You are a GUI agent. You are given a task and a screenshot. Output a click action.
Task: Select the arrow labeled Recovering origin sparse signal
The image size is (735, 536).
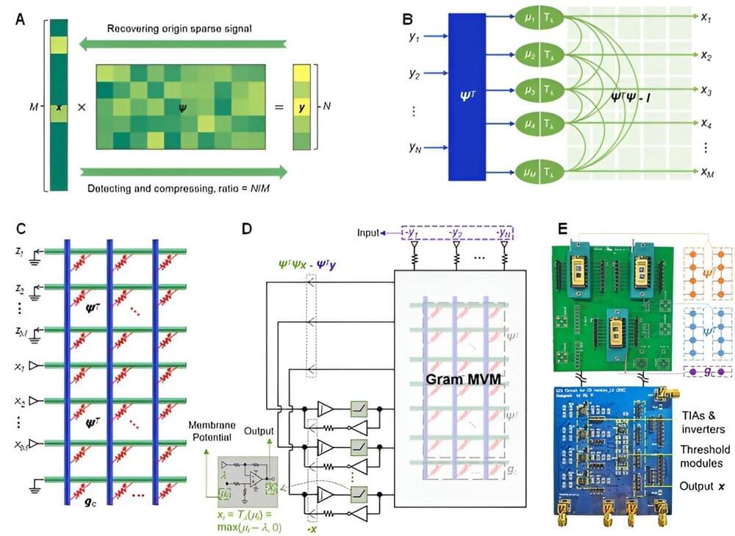click(180, 45)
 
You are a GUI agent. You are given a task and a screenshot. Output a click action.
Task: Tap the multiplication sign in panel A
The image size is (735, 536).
click(82, 107)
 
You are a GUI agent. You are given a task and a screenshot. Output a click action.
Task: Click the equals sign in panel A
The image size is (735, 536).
click(279, 107)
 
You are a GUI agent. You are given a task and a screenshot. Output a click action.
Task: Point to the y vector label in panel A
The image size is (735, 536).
click(301, 107)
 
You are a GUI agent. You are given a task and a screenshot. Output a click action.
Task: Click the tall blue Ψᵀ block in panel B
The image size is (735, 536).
click(467, 96)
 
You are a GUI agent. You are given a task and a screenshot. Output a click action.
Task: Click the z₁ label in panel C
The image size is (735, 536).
click(19, 251)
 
